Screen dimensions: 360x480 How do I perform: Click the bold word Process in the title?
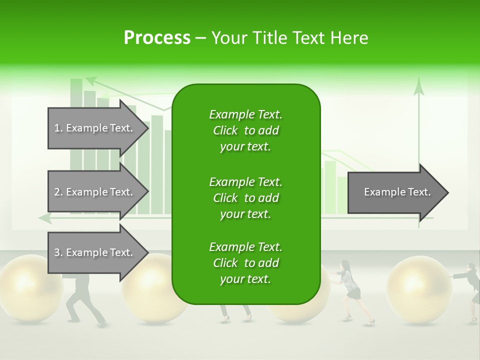click(x=157, y=38)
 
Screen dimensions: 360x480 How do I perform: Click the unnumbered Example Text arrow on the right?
click(x=397, y=192)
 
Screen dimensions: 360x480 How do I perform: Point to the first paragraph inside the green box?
click(x=245, y=130)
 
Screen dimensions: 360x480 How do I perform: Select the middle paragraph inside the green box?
click(x=245, y=198)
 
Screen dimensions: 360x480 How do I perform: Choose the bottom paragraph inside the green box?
click(x=245, y=263)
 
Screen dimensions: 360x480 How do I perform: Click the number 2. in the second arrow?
click(x=58, y=192)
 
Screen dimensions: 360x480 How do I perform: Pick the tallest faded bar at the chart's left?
click(x=76, y=145)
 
